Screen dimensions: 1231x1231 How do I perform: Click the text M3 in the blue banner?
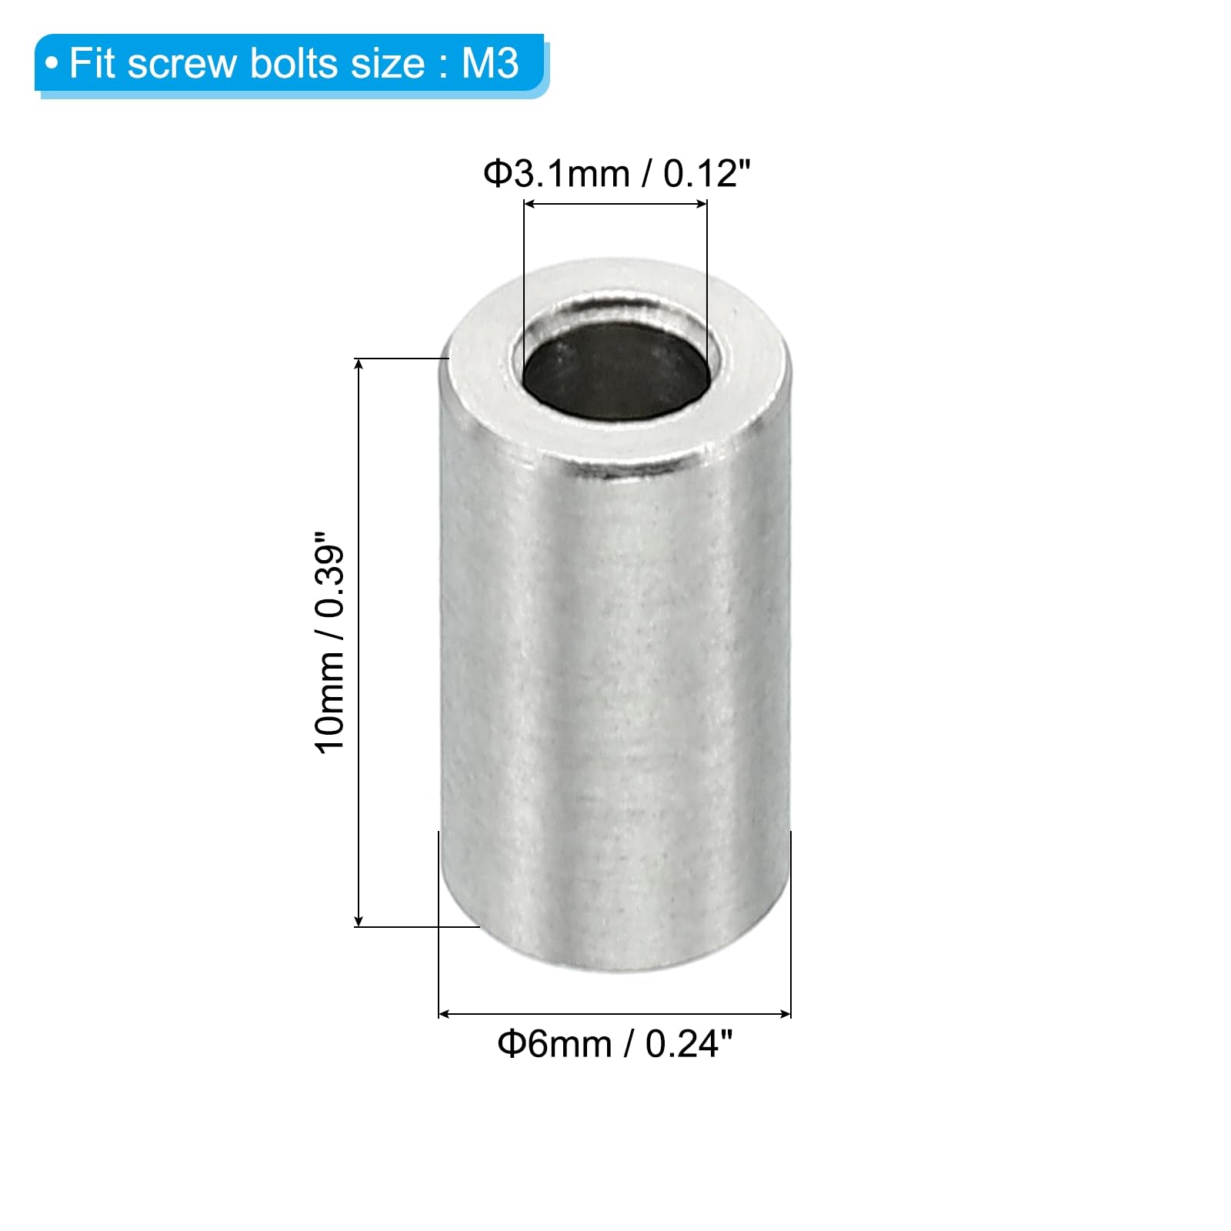pos(490,63)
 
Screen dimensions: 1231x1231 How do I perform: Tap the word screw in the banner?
pos(183,65)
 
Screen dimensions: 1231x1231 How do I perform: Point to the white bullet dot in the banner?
pos(52,64)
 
